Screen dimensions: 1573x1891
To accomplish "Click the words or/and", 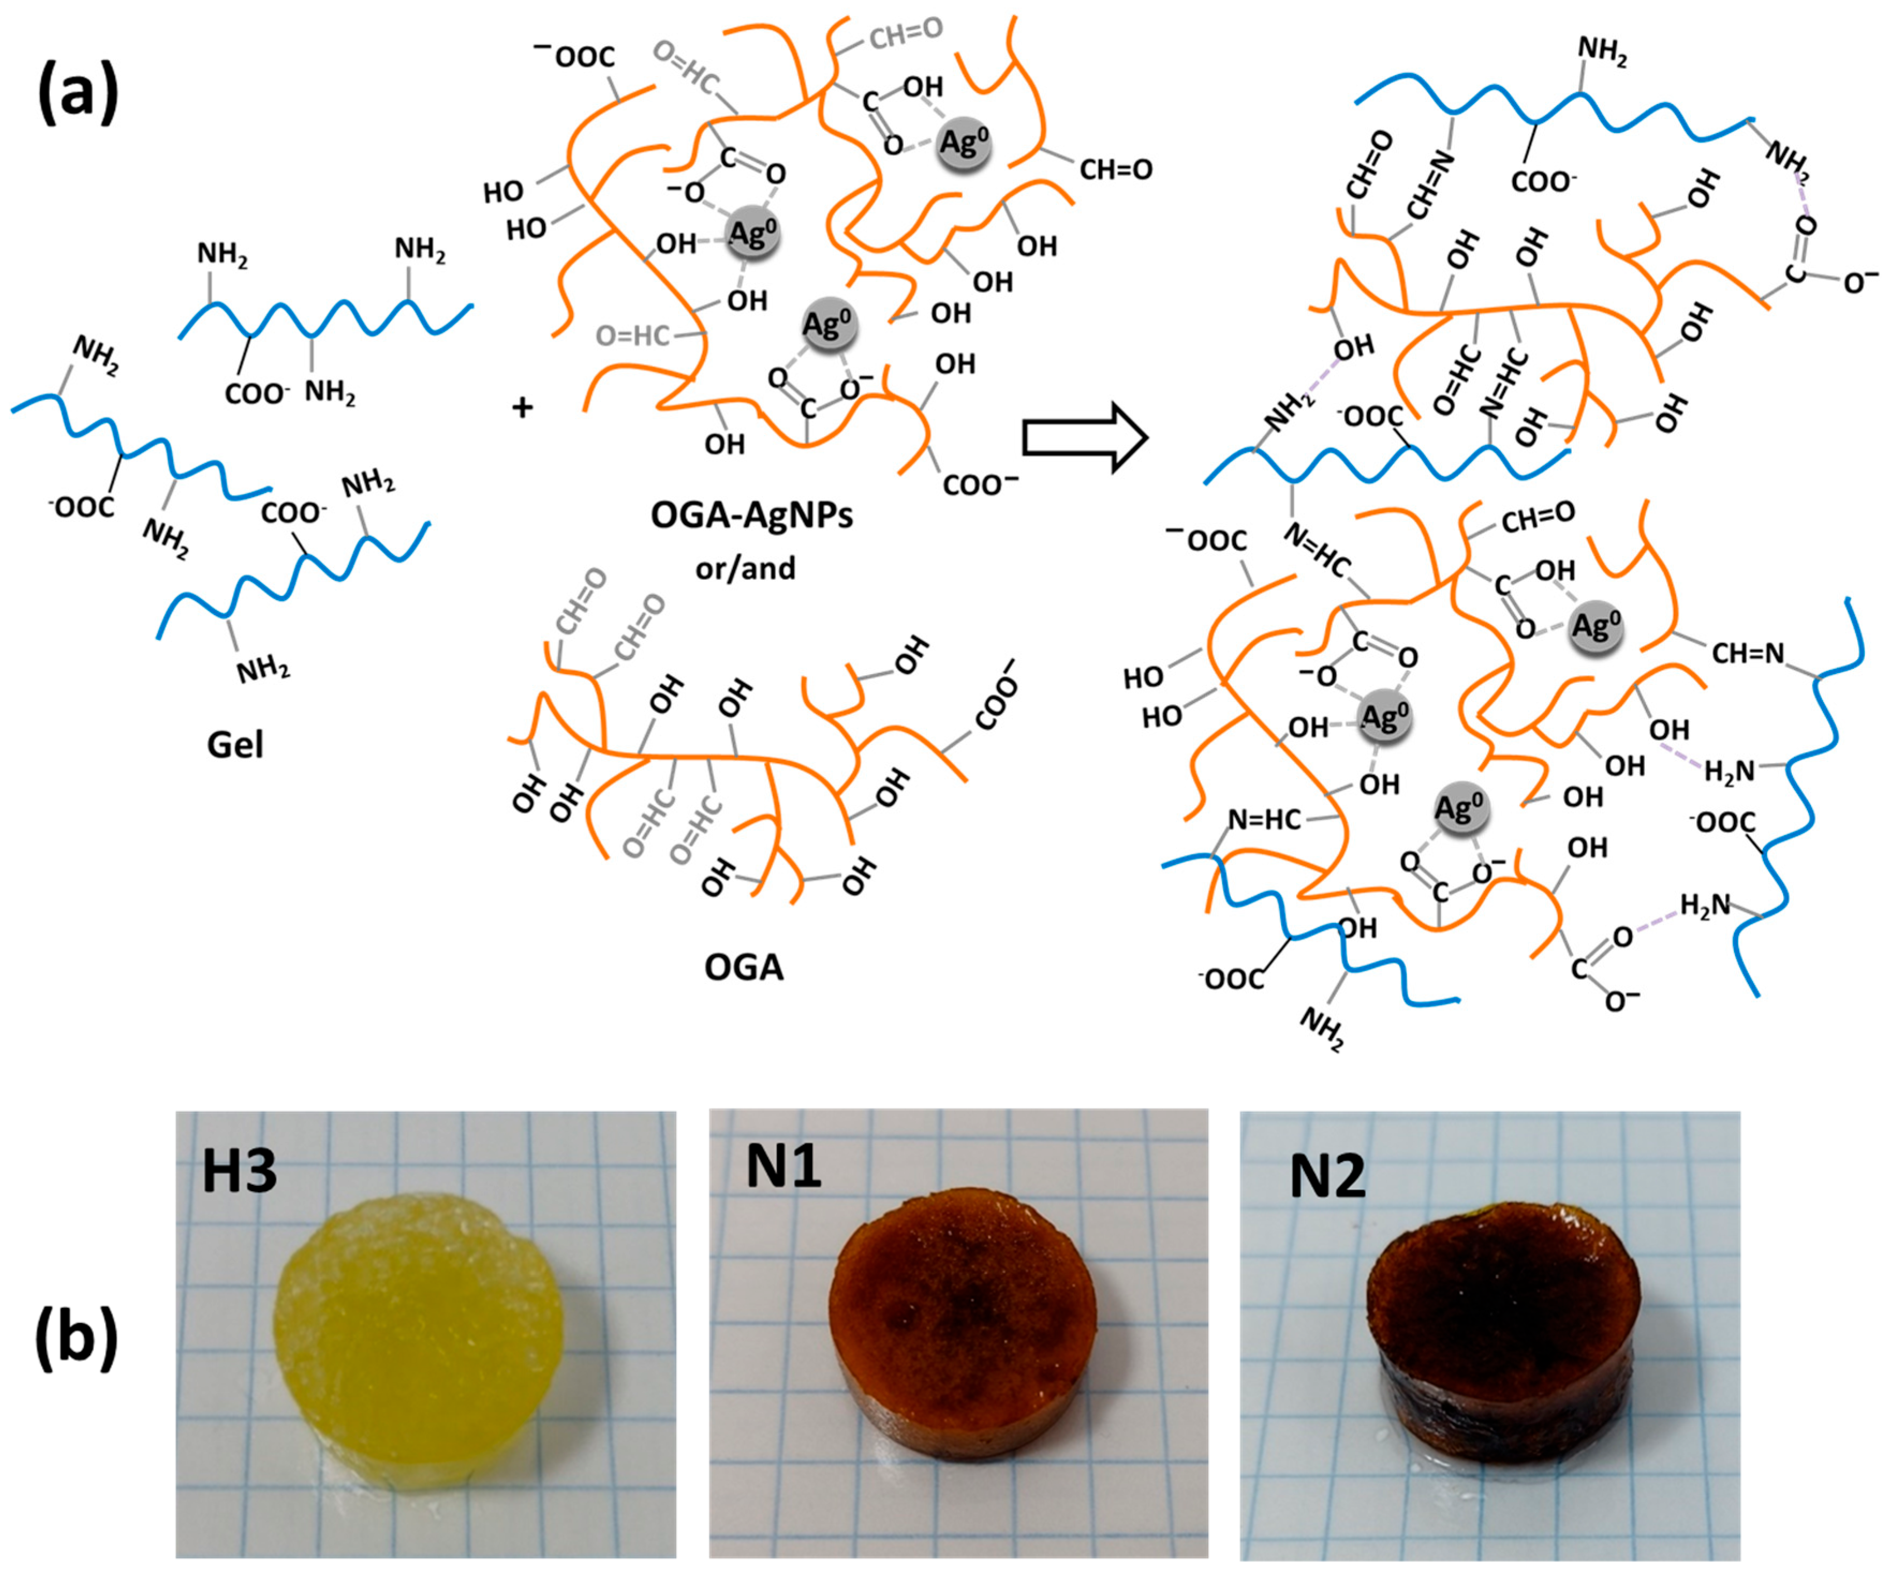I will click(x=745, y=568).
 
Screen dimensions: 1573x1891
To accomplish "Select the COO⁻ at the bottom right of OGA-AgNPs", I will click(x=980, y=485).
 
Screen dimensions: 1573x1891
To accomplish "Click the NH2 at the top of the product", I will click(x=1603, y=52).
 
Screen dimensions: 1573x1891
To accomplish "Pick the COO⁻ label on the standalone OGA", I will click(x=995, y=694).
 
